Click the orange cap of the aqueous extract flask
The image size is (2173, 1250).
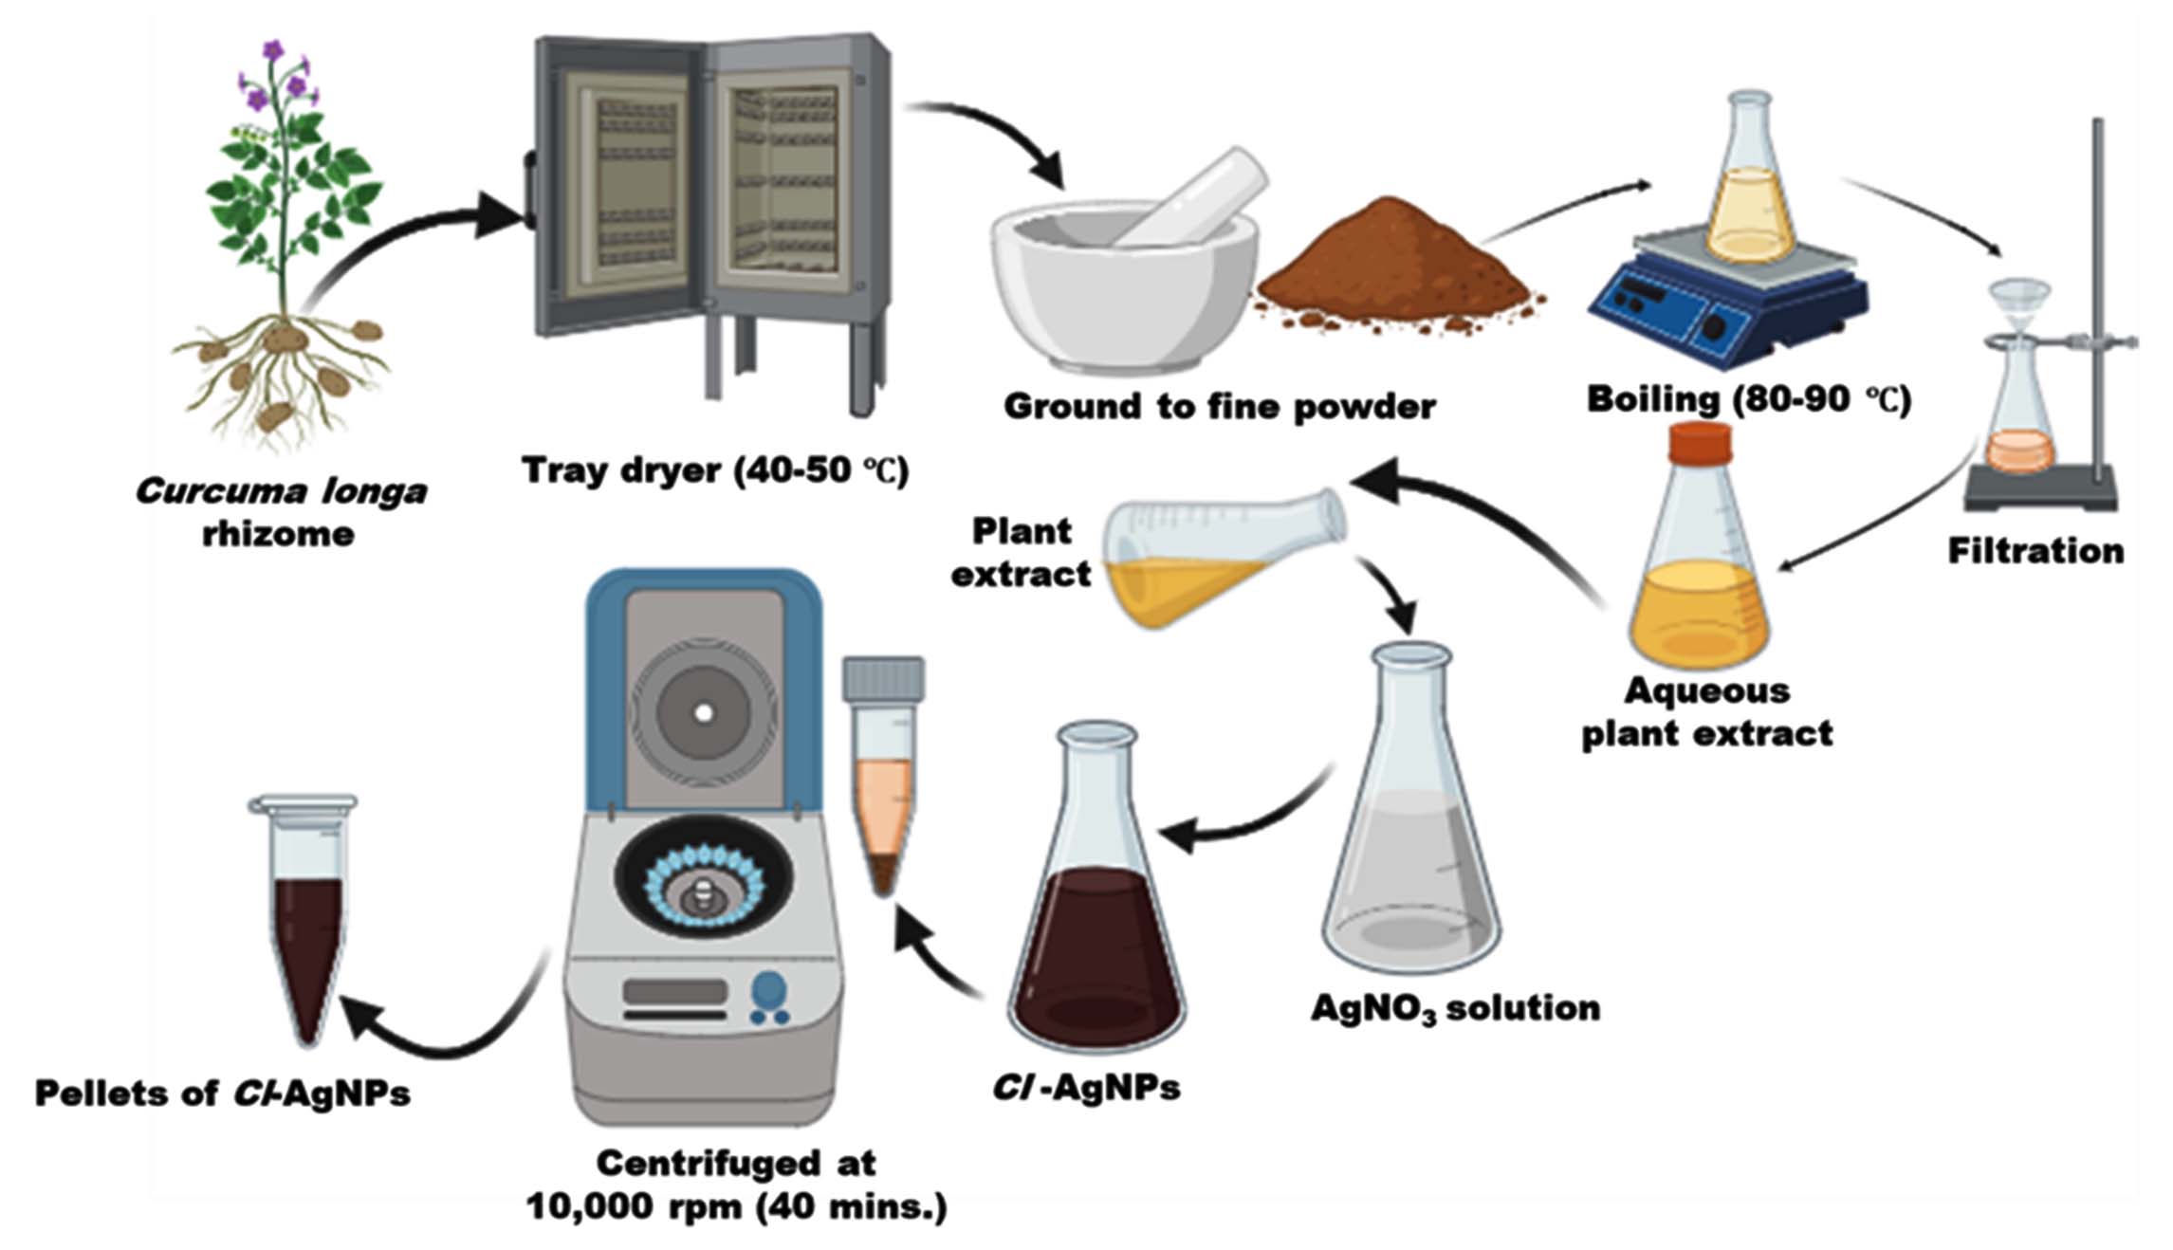[1700, 444]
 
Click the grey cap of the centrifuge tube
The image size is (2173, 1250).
[884, 679]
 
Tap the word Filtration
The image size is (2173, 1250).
[2035, 551]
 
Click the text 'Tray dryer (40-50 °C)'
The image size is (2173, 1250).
[715, 470]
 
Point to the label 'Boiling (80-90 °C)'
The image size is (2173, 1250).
[1748, 399]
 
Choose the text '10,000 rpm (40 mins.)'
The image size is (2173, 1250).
[736, 1206]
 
